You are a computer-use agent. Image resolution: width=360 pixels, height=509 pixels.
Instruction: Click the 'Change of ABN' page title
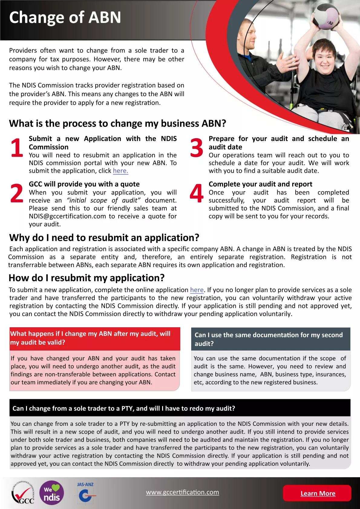[65, 18]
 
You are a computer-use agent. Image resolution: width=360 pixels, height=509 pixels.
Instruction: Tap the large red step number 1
[17, 148]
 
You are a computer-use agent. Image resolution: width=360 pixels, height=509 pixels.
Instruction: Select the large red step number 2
[17, 194]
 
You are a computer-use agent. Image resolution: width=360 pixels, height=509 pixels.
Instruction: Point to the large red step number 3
[197, 148]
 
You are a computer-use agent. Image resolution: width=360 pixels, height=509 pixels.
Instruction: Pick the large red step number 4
[197, 194]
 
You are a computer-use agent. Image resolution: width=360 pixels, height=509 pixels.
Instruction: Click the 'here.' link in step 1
[120, 171]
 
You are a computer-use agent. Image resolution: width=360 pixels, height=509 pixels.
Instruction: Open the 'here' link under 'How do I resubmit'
[197, 290]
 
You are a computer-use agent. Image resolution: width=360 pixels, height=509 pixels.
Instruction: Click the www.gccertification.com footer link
[182, 492]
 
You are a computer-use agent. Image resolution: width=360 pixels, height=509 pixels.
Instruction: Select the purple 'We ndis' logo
[52, 493]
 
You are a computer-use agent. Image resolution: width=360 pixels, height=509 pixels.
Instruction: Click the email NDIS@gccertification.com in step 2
[67, 216]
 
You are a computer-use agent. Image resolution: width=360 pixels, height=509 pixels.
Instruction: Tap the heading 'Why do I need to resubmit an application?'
[104, 238]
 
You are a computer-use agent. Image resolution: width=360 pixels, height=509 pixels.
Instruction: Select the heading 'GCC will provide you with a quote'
[84, 184]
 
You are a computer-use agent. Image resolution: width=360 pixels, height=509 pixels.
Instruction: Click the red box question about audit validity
[95, 338]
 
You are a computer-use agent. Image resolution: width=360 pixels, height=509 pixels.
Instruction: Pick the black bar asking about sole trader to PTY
[180, 408]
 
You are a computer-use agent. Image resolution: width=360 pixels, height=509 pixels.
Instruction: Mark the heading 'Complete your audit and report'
[260, 184]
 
